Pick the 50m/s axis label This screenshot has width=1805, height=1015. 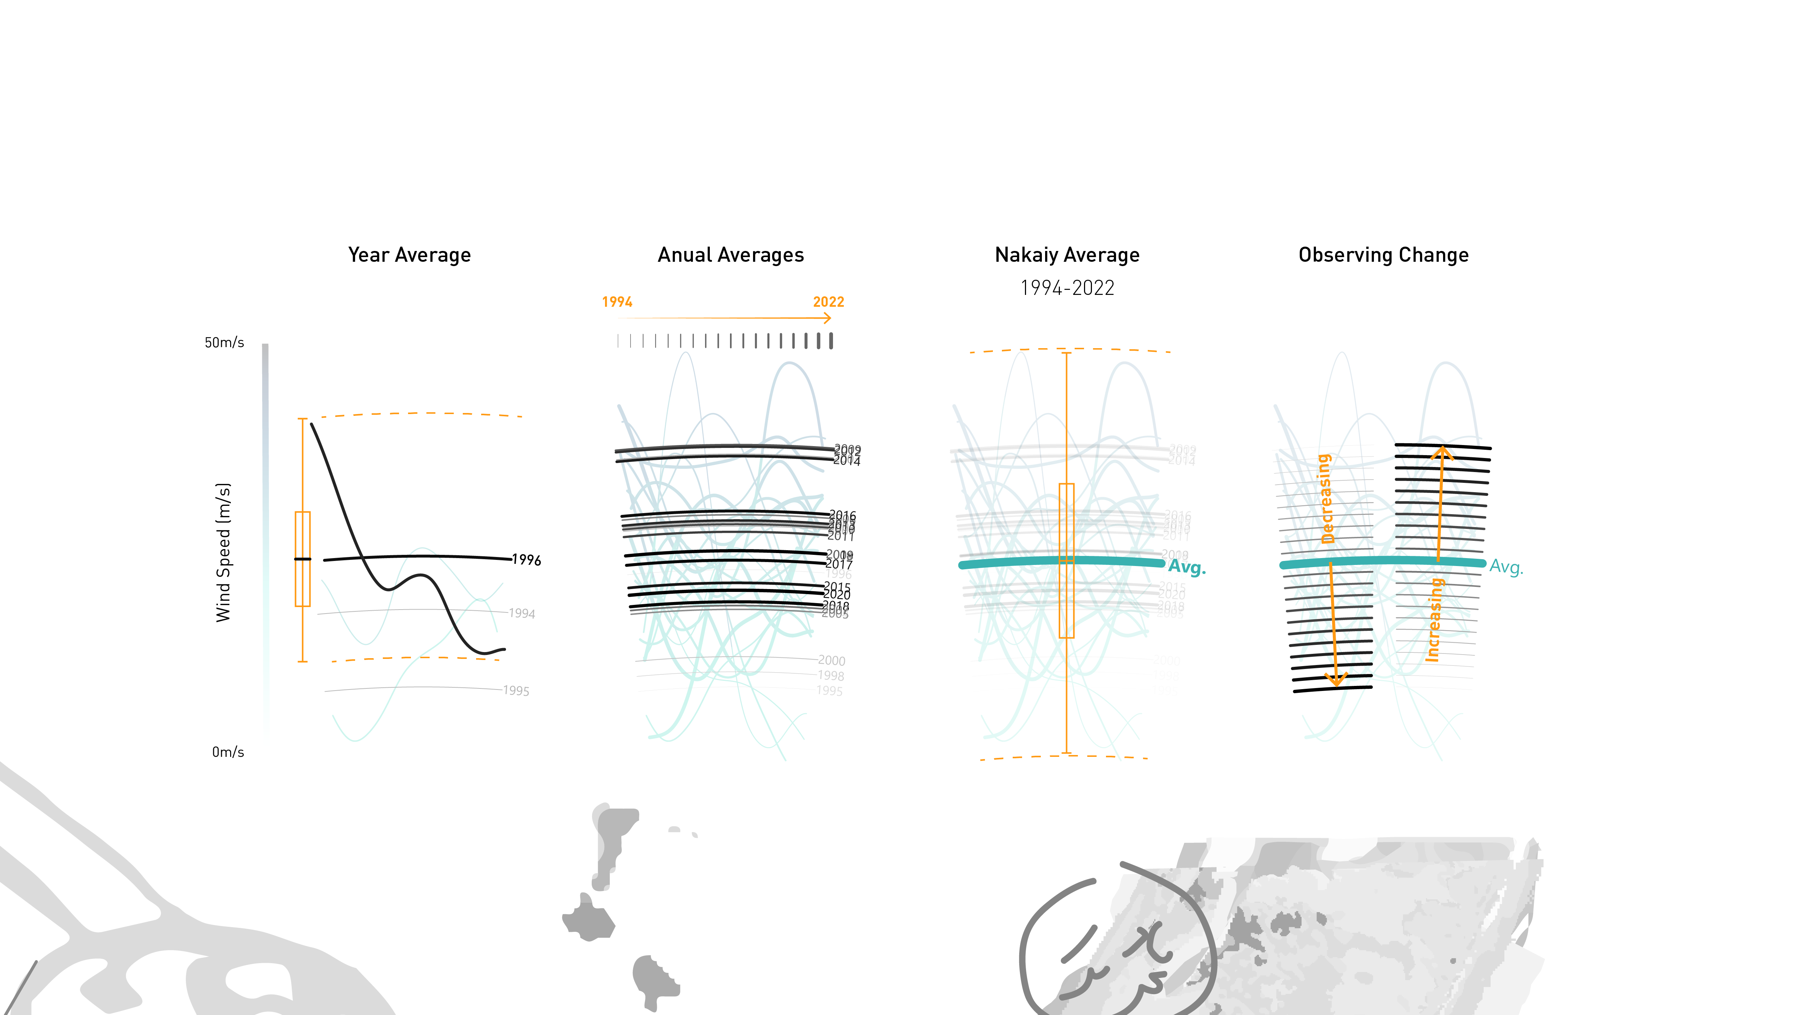coord(224,342)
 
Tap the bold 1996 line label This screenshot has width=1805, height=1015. coord(526,560)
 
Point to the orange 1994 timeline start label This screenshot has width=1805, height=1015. coord(617,302)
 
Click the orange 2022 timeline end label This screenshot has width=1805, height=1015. coord(828,302)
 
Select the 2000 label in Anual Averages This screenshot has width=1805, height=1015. coord(832,661)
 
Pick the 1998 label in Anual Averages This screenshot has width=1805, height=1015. coord(831,676)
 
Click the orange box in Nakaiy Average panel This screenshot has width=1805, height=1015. coord(1066,560)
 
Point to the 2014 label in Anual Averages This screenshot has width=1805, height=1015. coord(846,461)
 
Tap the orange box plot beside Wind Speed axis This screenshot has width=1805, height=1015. coord(303,559)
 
